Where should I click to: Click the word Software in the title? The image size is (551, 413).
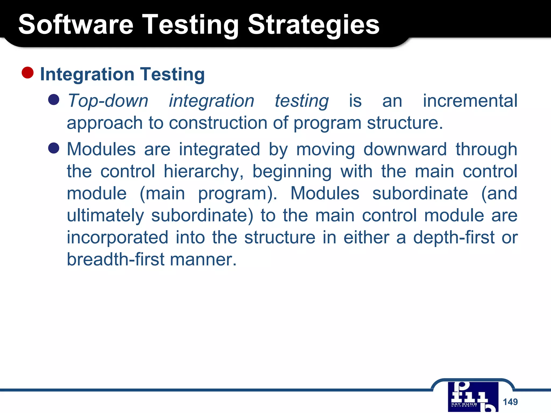coord(76,25)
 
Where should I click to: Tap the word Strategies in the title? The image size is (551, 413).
coord(313,25)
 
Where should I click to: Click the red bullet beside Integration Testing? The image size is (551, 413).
coord(27,73)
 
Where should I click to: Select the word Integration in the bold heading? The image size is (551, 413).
coord(87,74)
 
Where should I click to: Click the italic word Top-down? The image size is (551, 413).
coord(108,101)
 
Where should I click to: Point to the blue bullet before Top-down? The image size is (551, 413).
coord(54,100)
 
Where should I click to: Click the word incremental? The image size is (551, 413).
coord(470,101)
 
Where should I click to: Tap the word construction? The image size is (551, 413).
coord(218,123)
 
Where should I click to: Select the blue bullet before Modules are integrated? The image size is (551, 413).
coord(54,148)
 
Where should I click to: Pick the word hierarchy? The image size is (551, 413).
coord(204,172)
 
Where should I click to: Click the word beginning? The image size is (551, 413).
coord(292,172)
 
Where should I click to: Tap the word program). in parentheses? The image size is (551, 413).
coord(237,194)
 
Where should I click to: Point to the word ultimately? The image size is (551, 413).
coord(105,216)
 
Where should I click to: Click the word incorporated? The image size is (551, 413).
coord(118,238)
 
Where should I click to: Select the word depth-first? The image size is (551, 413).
coord(454,238)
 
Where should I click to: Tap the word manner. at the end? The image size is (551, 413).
coord(203,260)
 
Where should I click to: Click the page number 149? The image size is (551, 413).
coord(510,402)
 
